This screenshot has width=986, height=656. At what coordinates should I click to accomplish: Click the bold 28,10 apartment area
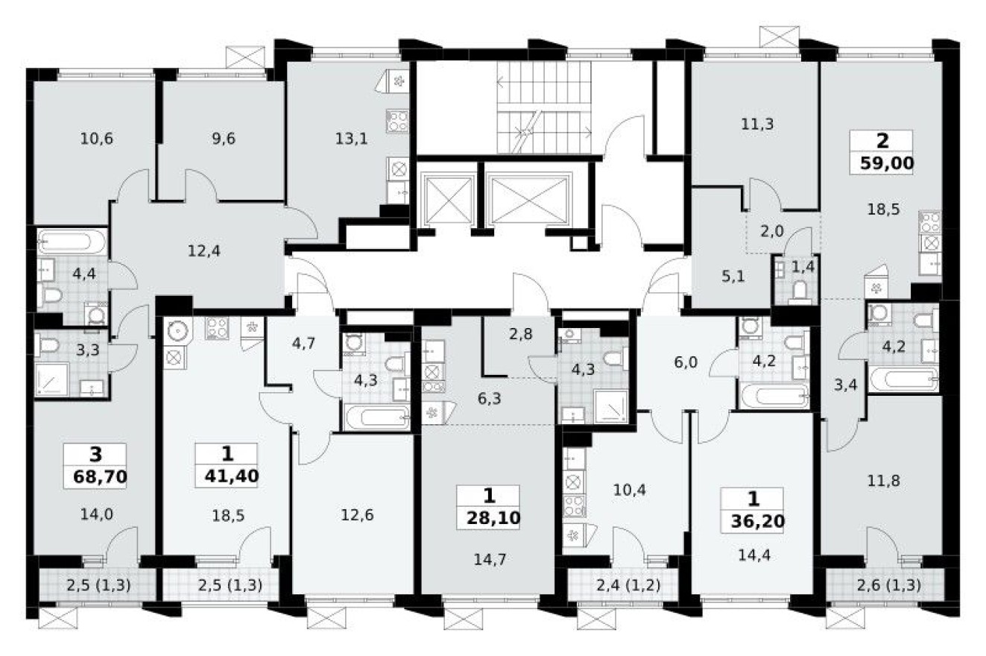coord(488,517)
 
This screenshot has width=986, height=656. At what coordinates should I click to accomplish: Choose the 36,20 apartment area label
coord(751,520)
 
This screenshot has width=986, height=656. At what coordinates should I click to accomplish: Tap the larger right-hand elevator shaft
coord(531,197)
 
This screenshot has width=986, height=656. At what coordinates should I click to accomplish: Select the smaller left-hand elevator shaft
coord(447,197)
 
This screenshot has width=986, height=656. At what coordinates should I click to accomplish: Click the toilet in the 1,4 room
coord(798,290)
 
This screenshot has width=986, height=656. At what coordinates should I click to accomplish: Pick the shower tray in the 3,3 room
coord(52,379)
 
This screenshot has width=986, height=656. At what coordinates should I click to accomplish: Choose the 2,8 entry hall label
coord(520,333)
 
